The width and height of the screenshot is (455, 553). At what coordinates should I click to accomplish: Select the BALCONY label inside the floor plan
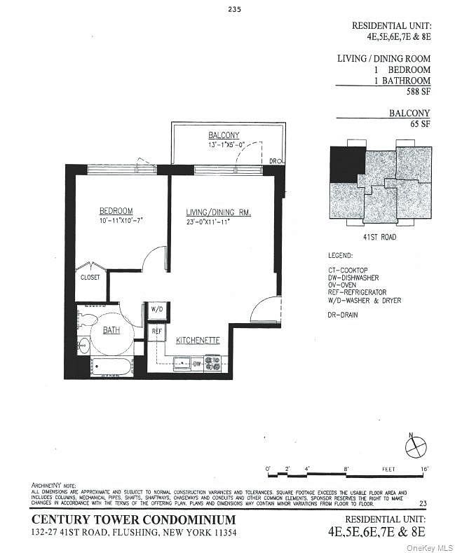[224, 135]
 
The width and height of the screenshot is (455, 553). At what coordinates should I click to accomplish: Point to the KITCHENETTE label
[198, 340]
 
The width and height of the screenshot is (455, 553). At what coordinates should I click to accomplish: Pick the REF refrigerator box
[156, 331]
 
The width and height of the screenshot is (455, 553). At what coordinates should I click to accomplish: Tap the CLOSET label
[90, 277]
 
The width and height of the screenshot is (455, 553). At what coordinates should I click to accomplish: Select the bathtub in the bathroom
[111, 367]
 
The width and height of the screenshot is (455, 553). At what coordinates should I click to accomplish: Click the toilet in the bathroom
[89, 319]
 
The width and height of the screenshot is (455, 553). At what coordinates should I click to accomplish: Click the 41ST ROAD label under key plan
[379, 237]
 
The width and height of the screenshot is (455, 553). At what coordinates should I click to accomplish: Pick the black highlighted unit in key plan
[346, 162]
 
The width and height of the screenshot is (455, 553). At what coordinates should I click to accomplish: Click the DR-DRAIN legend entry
[343, 315]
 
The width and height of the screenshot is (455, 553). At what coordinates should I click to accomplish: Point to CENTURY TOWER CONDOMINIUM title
[134, 519]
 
